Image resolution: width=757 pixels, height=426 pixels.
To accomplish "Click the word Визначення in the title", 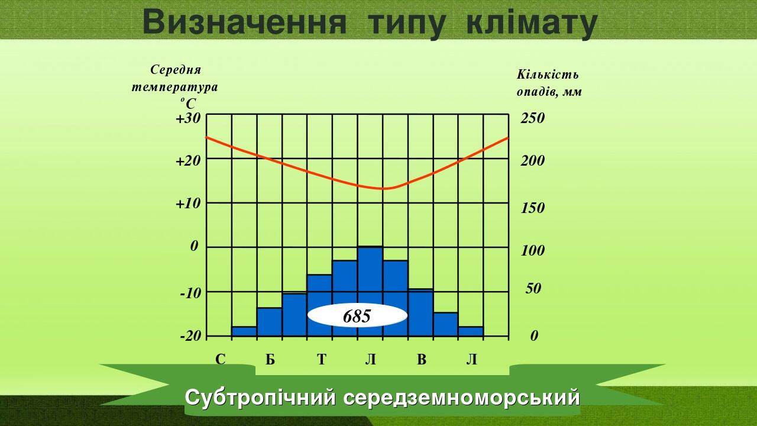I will click(245, 22).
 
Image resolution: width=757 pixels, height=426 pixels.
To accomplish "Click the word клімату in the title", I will click(532, 22).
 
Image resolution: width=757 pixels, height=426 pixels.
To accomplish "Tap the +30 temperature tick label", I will click(188, 118).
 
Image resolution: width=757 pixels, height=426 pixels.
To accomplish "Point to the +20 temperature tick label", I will click(188, 160).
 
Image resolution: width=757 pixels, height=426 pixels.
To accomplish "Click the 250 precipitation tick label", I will click(532, 118).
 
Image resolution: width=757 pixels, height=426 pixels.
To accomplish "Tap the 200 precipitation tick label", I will click(532, 161).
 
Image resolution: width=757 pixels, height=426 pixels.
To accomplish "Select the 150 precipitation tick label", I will click(532, 208).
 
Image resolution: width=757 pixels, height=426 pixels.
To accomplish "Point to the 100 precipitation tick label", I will click(532, 251).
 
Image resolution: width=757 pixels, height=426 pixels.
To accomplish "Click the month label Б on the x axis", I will click(270, 359).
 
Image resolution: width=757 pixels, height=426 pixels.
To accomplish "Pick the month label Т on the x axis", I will click(321, 359).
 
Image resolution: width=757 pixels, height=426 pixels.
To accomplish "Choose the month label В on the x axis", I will click(421, 359).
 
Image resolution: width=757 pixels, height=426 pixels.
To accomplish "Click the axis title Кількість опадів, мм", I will click(548, 83).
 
